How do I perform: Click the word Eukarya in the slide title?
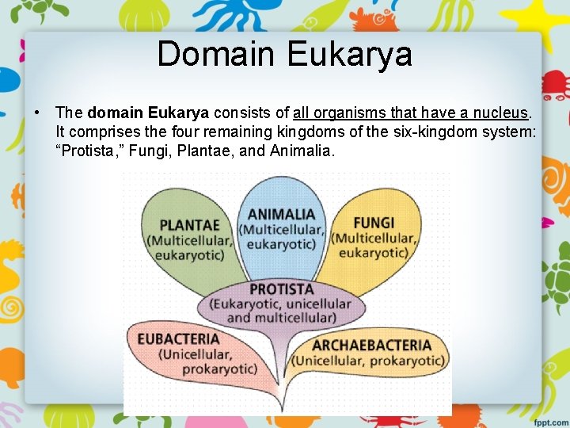point(349,54)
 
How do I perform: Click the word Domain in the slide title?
point(217,54)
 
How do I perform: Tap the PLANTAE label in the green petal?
point(189,224)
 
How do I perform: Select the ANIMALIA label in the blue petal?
point(281,214)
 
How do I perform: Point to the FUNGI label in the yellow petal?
point(374,223)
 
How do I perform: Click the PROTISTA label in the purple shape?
point(281,289)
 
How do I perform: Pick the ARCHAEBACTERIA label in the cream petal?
point(371,346)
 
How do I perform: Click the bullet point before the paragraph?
point(37,113)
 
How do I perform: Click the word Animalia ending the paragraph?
point(304,151)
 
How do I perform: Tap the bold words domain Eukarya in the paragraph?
point(148,113)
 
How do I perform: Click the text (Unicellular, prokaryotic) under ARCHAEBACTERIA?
point(368,361)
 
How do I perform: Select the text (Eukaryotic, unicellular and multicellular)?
point(281,311)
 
